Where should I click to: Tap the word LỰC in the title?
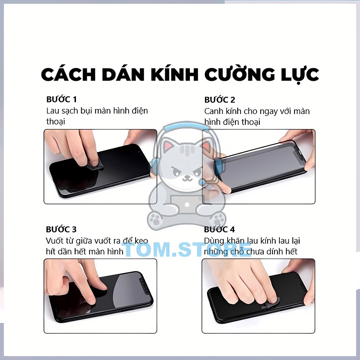tap(295, 75)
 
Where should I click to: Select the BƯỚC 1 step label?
tap(61, 99)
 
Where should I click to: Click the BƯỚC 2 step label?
tap(219, 100)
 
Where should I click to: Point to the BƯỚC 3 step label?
tap(61, 230)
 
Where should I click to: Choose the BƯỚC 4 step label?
tap(219, 230)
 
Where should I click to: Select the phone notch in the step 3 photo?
tap(142, 281)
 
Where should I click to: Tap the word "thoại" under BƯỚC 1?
tap(56, 121)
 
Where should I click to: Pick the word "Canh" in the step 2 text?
tap(214, 111)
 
